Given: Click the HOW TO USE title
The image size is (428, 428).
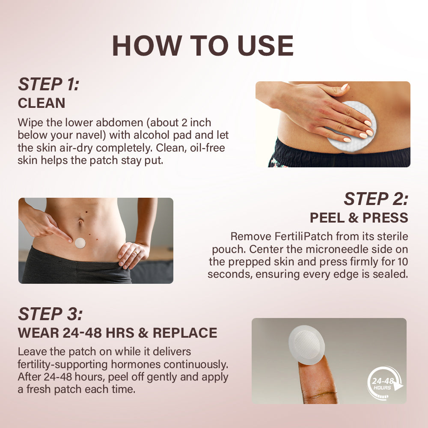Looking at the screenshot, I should [203, 46].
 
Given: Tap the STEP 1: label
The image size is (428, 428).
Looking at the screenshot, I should [48, 84].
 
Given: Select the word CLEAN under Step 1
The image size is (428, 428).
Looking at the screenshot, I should [42, 103].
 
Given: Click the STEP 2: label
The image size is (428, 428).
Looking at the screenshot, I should [376, 199].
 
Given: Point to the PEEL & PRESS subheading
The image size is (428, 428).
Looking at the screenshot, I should [359, 218].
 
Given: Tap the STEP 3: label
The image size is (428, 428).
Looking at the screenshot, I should [50, 314].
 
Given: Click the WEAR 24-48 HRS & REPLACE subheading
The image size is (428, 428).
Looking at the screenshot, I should [117, 333].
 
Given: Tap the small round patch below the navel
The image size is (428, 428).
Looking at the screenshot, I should [80, 243].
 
